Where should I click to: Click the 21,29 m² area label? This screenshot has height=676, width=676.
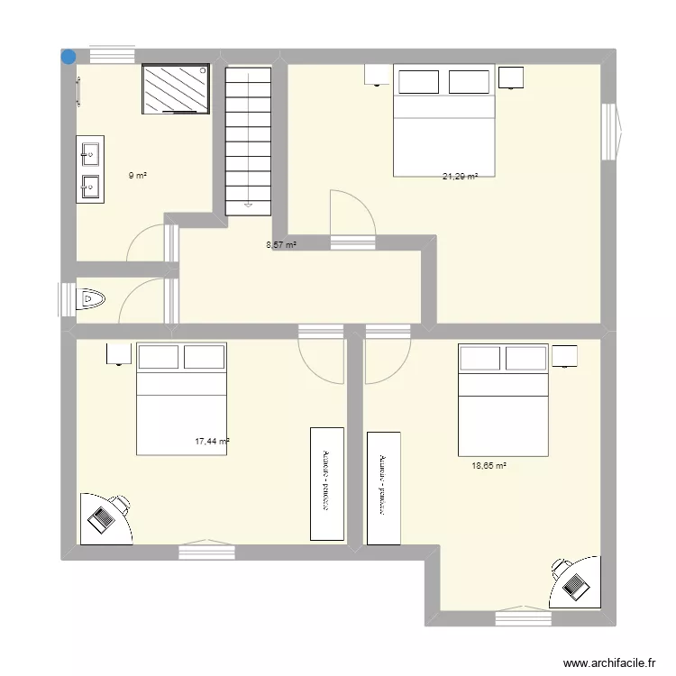(460, 177)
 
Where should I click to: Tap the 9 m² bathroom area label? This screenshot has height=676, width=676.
(137, 176)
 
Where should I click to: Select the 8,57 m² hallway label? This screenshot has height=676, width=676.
(280, 244)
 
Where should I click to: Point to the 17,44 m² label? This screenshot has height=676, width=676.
(212, 442)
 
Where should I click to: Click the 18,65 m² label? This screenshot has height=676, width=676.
(489, 466)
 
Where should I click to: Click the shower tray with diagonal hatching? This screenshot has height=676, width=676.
(175, 88)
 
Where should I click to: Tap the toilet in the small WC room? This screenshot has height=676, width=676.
(92, 297)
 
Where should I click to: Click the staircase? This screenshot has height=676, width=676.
(248, 140)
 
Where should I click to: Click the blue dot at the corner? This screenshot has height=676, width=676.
(68, 56)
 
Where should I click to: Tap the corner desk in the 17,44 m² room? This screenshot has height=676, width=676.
(105, 518)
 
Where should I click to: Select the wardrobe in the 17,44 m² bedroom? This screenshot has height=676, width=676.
(326, 484)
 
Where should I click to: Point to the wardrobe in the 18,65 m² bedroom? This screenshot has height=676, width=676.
(383, 487)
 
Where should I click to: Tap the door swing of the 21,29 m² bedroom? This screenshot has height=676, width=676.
(352, 216)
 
